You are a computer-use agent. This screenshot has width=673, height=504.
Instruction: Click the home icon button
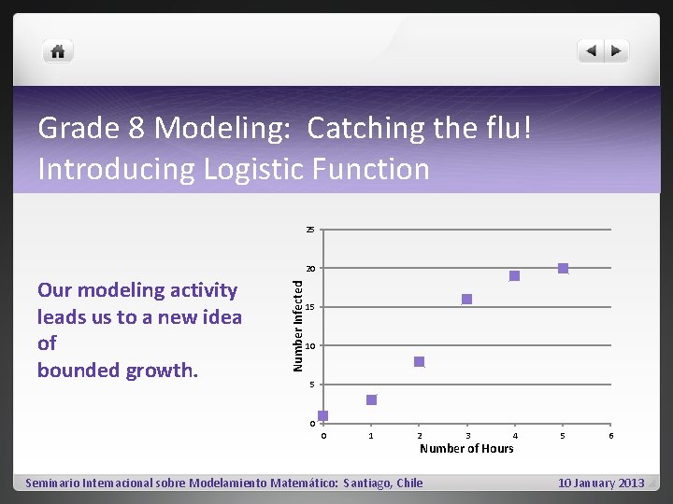[58, 51]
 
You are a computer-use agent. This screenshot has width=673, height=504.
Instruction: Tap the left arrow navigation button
[592, 51]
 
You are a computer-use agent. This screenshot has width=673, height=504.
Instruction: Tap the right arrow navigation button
[617, 51]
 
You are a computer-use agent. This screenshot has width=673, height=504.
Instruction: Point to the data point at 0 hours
[323, 416]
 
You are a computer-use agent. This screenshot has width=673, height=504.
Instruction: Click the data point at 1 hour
[371, 400]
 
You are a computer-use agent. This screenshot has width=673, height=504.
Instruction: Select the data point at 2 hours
[420, 361]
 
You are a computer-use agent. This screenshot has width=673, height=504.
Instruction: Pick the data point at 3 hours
[467, 300]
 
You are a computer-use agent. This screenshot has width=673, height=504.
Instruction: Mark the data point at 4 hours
[514, 276]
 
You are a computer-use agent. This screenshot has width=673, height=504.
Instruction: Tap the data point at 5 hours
[563, 269]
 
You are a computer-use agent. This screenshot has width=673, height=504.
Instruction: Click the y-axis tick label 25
[311, 230]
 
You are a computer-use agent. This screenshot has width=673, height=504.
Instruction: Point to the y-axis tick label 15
[311, 308]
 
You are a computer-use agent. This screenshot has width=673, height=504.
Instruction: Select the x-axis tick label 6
[611, 436]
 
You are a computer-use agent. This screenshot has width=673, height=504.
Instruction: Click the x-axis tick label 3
[467, 436]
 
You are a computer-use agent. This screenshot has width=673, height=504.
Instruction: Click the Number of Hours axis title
[466, 449]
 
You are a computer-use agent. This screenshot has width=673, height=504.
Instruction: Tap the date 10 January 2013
[601, 483]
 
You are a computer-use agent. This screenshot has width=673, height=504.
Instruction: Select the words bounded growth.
[118, 370]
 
